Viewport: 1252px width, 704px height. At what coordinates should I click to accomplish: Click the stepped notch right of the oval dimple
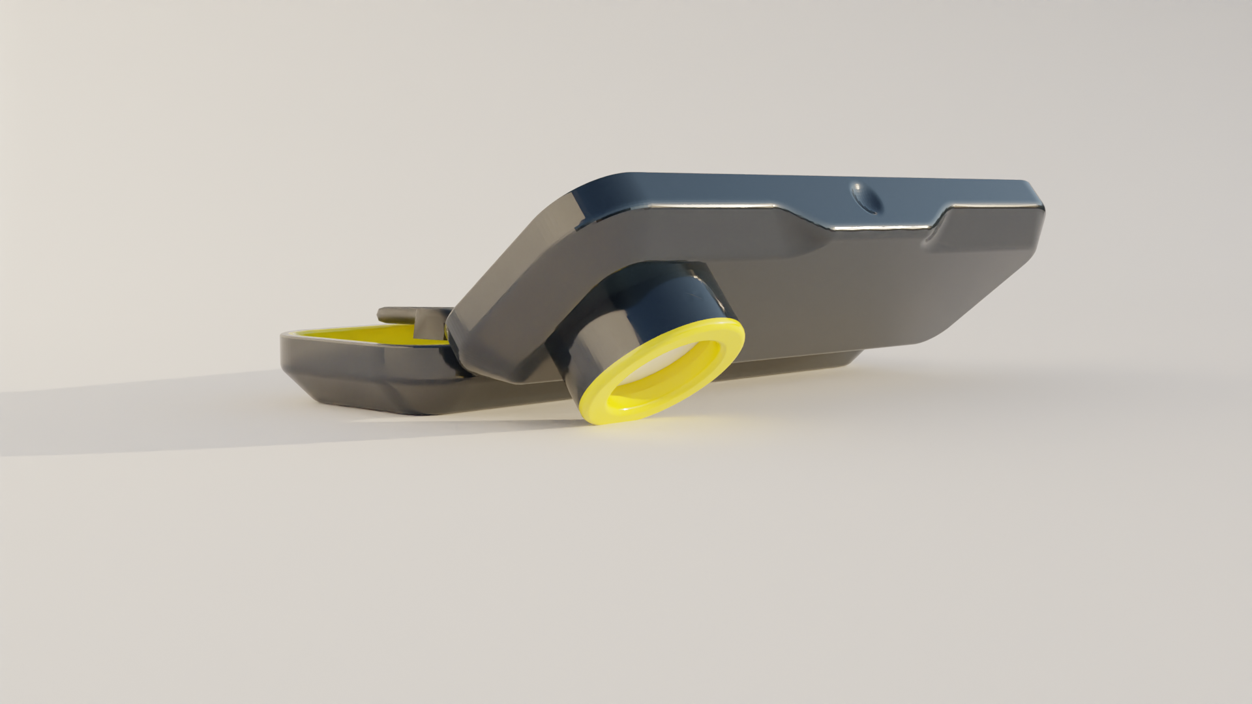(x=942, y=222)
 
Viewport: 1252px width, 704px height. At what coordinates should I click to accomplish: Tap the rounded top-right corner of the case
(x=1034, y=196)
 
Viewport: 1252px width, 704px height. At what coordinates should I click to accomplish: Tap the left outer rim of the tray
(x=287, y=345)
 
